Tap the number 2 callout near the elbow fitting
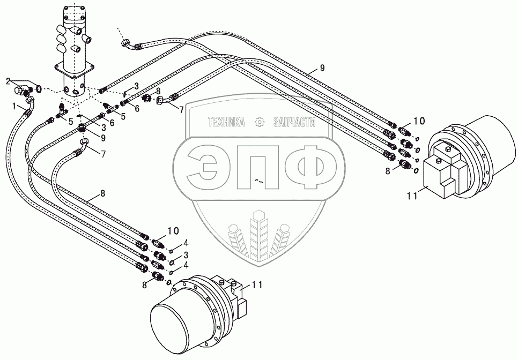tap(8, 81)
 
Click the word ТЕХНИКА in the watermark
tap(226, 123)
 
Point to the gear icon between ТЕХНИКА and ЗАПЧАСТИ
tap(260, 123)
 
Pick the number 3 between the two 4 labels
tap(185, 254)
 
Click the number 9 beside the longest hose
tap(322, 67)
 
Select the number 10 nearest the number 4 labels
tap(173, 231)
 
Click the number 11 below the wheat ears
tap(256, 285)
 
